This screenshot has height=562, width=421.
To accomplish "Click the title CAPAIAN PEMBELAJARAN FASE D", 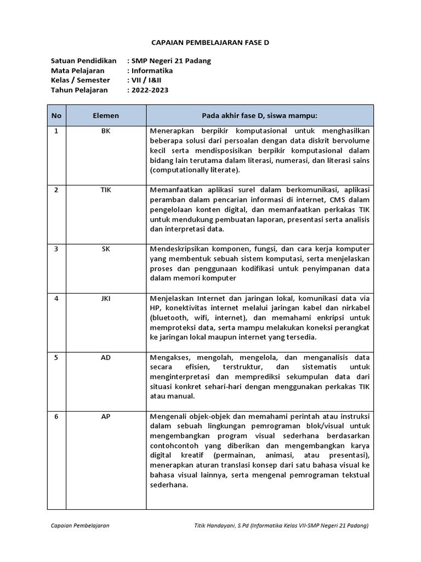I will click(210, 42).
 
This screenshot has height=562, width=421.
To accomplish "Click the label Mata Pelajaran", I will click(77, 71).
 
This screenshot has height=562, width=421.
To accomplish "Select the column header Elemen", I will click(106, 116).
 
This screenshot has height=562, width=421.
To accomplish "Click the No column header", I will click(56, 116).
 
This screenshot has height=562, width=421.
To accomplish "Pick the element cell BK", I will click(106, 131).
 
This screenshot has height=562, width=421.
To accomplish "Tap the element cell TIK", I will click(106, 190).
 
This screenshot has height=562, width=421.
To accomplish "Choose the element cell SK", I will click(106, 249).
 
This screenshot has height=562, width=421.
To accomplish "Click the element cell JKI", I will click(106, 299).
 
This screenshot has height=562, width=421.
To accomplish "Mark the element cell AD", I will click(106, 358).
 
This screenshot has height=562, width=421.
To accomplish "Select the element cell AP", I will click(106, 417).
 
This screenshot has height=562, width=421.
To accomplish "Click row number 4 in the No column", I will click(56, 299).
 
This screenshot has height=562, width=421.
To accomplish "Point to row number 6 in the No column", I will click(56, 417).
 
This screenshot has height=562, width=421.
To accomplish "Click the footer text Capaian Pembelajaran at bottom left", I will click(80, 526).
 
